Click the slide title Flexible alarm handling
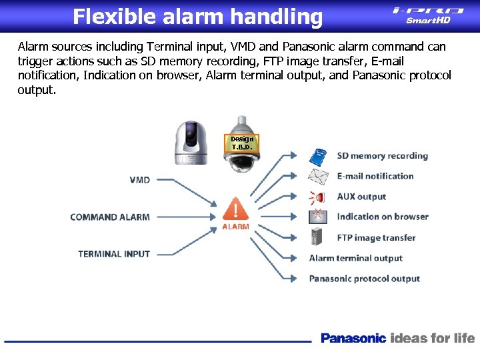point(197,17)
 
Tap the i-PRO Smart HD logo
point(428,15)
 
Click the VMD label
point(139,180)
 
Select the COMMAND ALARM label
point(110,217)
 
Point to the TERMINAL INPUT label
point(114,254)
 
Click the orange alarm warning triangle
point(235,209)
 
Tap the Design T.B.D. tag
point(243,143)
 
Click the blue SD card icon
point(318,157)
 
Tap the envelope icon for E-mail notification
point(318,177)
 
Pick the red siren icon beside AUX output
point(317,197)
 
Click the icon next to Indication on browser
point(318,217)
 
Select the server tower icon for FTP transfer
point(318,237)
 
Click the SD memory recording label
point(382,156)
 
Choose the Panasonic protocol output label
point(365,279)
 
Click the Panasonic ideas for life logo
point(397,338)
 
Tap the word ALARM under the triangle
point(235,227)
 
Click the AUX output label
point(361,197)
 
